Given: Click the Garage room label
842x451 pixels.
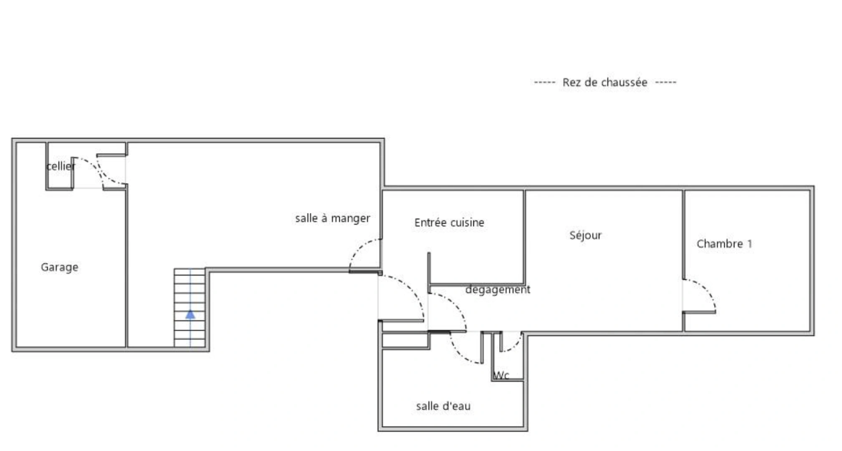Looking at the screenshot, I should (x=59, y=267).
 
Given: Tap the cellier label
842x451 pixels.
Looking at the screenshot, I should (x=61, y=166).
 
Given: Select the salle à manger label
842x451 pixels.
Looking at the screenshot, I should (x=332, y=218).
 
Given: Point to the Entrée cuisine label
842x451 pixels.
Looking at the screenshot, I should (x=449, y=223).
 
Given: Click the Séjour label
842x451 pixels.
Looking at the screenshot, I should (x=585, y=236).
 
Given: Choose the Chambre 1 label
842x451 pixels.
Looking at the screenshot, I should (x=724, y=244).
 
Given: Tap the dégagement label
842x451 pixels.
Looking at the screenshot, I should (x=498, y=289).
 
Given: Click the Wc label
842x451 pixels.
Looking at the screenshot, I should (x=501, y=375).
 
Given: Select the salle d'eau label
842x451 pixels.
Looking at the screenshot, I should (x=443, y=406).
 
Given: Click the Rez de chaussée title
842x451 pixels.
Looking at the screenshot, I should (x=604, y=82).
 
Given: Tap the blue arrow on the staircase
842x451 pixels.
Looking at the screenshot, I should (x=190, y=314).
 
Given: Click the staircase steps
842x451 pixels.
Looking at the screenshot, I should (x=190, y=292).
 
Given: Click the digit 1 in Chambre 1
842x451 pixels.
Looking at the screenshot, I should (x=750, y=244).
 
